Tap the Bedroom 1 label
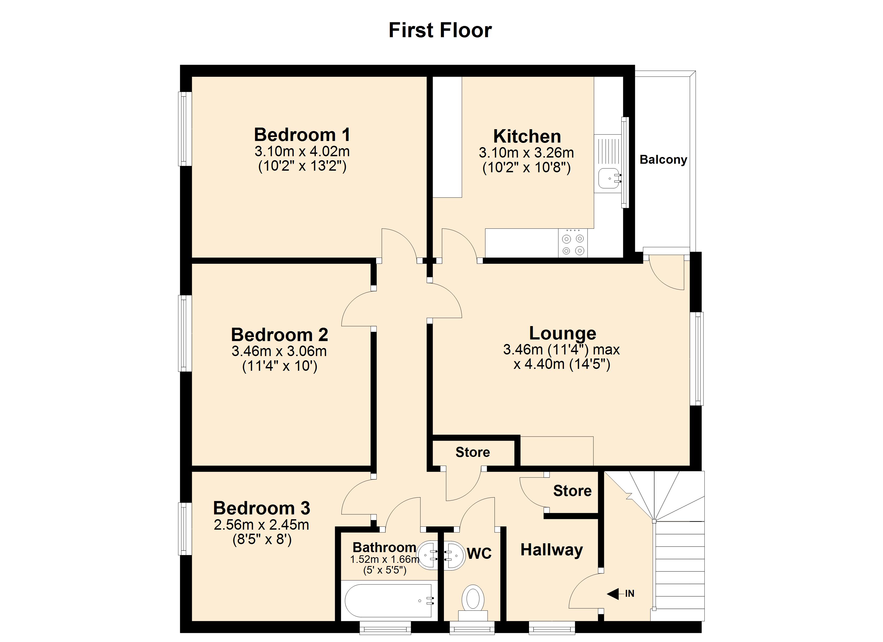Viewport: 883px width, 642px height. coord(302,135)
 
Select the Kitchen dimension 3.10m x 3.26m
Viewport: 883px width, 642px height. coord(526,153)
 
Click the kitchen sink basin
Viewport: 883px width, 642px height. coord(608,178)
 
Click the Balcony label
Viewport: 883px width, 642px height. coord(663,160)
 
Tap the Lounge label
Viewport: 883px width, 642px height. coord(562,333)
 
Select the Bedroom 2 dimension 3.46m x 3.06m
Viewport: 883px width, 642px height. coord(279,351)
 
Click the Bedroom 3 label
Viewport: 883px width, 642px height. coord(262,508)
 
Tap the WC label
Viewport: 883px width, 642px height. coord(479,553)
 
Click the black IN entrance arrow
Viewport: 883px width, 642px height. coord(613,594)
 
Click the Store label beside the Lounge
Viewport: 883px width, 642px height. coord(473,452)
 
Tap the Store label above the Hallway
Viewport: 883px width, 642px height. coord(572,491)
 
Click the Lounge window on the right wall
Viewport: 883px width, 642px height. coord(697,358)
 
